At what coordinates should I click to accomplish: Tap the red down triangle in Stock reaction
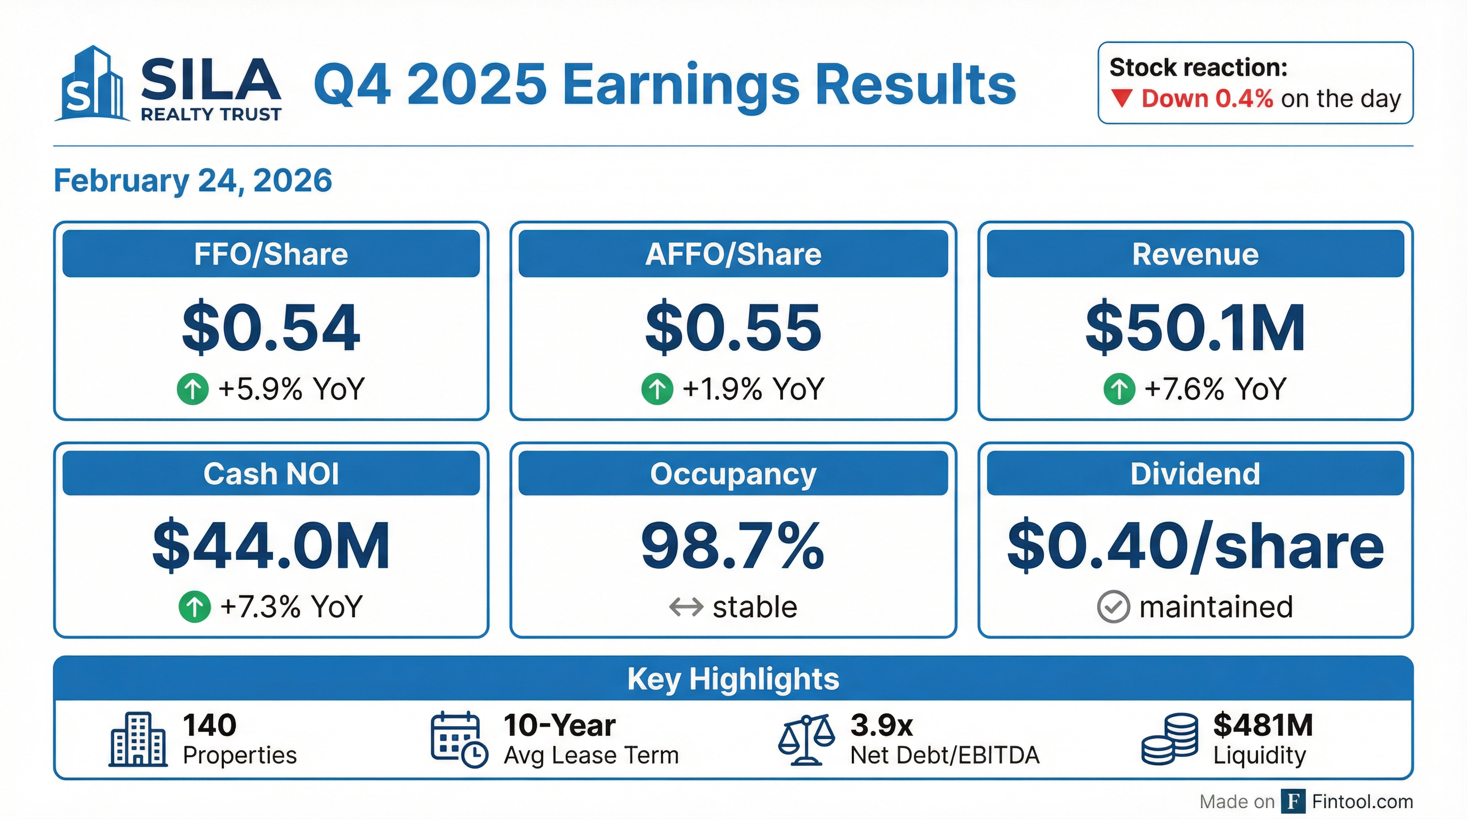pos(1122,99)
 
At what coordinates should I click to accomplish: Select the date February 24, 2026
pos(192,181)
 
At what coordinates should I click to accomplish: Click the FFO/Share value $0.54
pos(271,328)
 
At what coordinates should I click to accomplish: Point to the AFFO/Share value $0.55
pos(733,328)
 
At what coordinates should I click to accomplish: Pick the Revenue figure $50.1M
pos(1195,328)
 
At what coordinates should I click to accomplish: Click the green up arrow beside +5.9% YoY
pos(192,390)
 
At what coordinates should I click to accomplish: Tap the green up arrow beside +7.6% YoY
pos(1119,390)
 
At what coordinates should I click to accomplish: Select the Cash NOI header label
pos(271,474)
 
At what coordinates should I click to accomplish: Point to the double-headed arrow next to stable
pos(686,607)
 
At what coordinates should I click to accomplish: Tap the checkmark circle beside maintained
pos(1113,607)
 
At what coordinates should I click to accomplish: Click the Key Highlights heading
pos(733,679)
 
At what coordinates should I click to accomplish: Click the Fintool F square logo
pos(1293,801)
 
